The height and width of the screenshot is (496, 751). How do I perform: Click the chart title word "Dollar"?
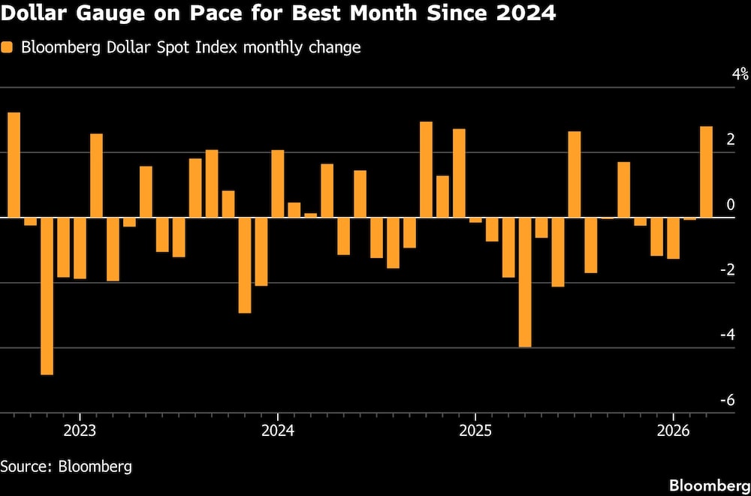point(29,14)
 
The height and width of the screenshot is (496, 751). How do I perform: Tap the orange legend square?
point(8,47)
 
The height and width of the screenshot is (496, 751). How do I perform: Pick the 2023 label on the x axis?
point(80,431)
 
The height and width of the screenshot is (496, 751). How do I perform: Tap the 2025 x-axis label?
point(475,431)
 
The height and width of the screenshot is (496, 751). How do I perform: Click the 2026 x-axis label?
point(673,431)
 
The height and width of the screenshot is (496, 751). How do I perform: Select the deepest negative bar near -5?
point(47,296)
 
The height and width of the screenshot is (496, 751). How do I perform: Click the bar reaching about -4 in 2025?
point(525,282)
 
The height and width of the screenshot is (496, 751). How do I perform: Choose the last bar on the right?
point(706,172)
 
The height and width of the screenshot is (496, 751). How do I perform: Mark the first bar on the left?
point(14,165)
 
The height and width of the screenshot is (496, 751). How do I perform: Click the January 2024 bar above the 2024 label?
point(277,184)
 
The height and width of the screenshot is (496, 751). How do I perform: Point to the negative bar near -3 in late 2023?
point(245,265)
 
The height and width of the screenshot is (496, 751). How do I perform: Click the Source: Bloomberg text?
point(66,466)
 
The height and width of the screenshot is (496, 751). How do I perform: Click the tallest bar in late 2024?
point(426,170)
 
